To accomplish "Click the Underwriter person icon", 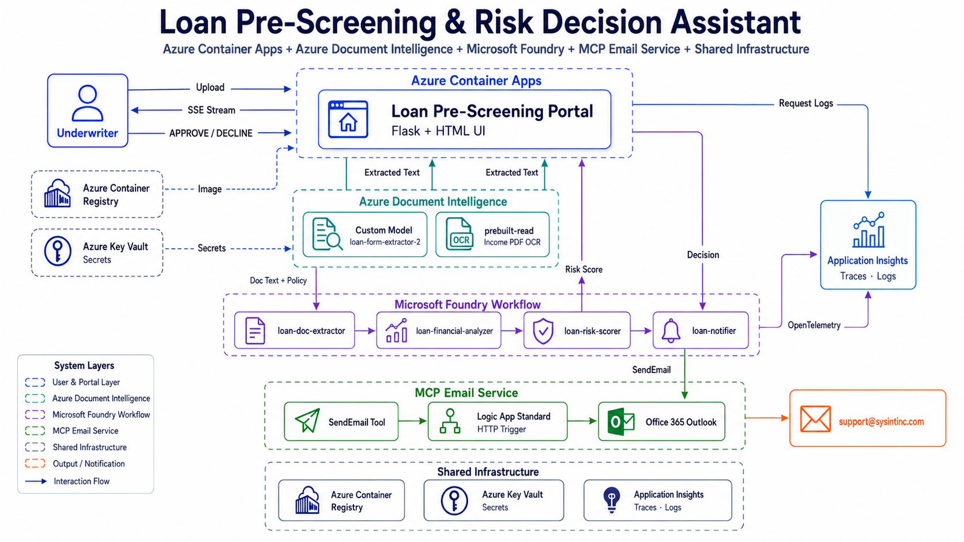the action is (x=88, y=103).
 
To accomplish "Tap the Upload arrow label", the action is (x=210, y=87).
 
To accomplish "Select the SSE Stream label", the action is (x=211, y=110).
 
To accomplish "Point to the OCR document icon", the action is (x=460, y=234).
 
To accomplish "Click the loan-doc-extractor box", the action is (x=295, y=330).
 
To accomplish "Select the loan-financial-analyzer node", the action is (x=439, y=330).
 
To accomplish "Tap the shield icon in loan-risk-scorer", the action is (x=543, y=331).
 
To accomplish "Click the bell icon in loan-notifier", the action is (x=671, y=331).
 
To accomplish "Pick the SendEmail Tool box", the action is (x=341, y=422).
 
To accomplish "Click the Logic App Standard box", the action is (x=498, y=422).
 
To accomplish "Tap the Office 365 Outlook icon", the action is (x=620, y=422).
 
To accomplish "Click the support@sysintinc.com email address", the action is (x=882, y=422).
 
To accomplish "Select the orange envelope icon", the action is (x=815, y=419).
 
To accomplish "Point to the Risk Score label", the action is (x=583, y=270).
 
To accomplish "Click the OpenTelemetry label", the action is (x=814, y=325).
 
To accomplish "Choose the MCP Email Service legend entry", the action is (x=85, y=431).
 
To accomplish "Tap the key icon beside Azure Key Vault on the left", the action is (x=58, y=251).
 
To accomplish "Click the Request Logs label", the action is (x=805, y=103).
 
